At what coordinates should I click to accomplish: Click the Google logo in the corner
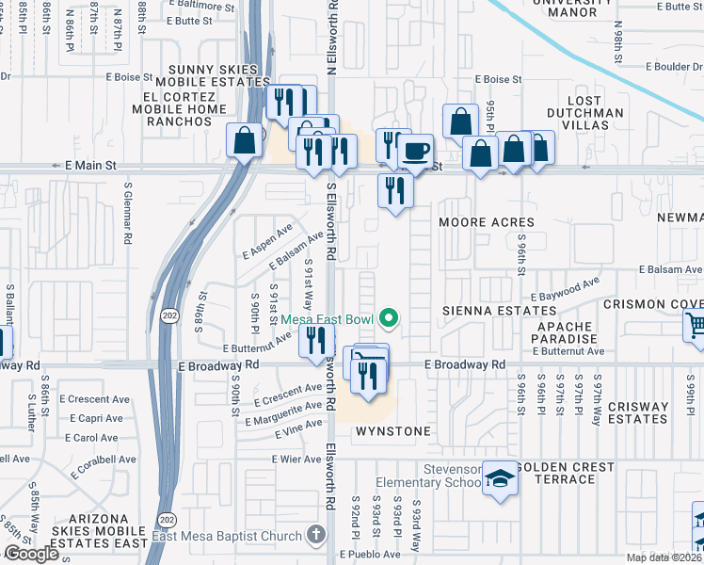coord(31,554)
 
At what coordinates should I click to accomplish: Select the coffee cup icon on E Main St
coord(415,151)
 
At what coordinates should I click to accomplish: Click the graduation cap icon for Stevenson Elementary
coord(501,478)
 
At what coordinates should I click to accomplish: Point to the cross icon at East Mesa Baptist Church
coord(316,535)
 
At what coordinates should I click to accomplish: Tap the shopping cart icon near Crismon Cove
coord(696,326)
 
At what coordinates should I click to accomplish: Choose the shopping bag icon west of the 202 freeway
coord(244,141)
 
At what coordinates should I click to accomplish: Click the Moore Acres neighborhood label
coord(487,222)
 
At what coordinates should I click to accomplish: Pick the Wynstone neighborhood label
coord(392,431)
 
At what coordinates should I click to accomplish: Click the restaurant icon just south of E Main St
coord(394,191)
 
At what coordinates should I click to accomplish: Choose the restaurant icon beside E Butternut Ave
coord(316,340)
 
